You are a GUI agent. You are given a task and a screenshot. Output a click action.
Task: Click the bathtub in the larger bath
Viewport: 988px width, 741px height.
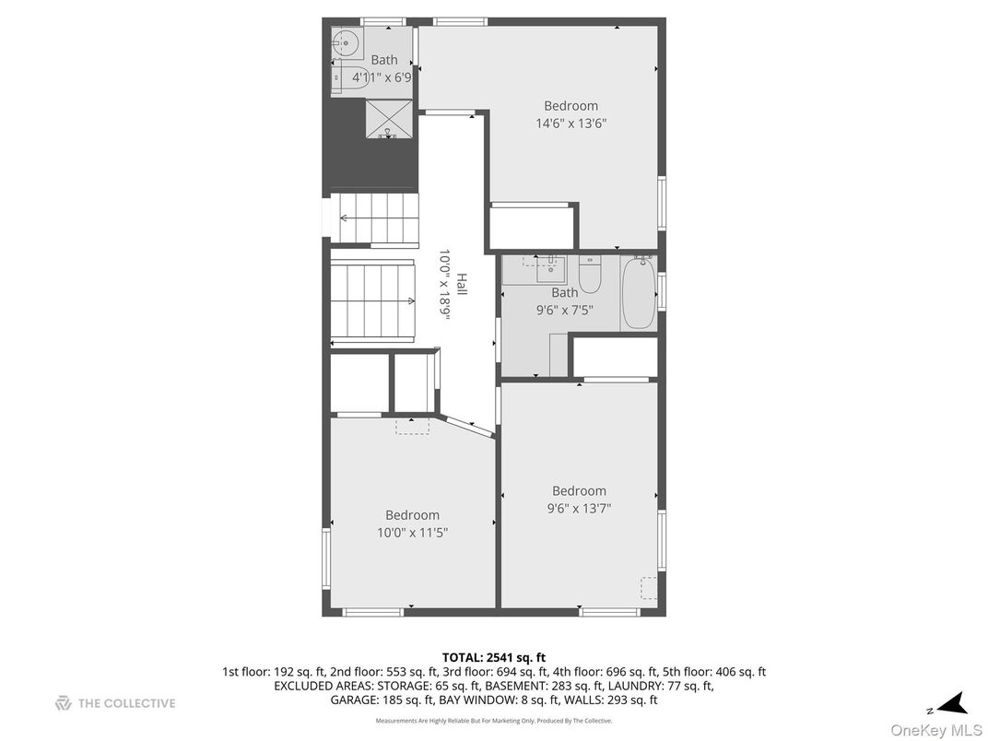638,294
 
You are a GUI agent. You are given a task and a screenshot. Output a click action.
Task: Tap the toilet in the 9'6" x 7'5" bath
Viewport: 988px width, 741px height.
590,275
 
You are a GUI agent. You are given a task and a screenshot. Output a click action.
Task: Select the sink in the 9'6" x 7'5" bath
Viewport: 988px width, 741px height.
550,267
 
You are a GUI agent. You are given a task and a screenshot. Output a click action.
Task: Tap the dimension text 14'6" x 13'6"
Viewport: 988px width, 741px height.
570,123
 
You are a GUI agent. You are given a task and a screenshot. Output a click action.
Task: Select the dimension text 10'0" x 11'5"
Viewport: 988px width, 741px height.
412,532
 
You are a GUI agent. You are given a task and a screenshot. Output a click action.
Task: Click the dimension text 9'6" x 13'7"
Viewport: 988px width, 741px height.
579,508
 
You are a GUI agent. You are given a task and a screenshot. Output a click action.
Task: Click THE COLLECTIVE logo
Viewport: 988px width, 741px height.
115,703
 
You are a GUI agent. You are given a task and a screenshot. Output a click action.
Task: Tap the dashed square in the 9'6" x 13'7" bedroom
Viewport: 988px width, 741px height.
649,587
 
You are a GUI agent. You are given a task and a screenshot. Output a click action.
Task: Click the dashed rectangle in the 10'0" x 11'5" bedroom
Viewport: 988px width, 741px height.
412,426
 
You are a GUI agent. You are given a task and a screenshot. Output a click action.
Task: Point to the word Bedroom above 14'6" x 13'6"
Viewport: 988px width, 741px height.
570,106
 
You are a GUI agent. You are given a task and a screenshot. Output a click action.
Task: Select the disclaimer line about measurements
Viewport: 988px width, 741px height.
493,721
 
